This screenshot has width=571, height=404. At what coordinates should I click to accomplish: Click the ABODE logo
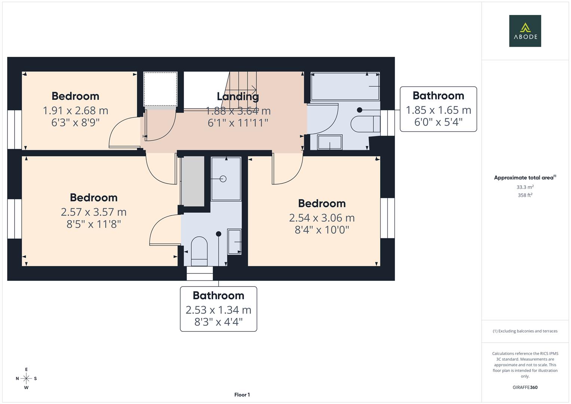click(525, 31)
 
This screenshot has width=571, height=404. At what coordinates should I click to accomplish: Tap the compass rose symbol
click(26, 379)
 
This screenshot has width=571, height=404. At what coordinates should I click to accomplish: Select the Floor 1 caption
click(242, 395)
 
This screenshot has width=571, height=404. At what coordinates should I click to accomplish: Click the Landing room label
click(238, 97)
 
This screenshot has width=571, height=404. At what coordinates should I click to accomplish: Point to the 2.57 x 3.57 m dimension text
click(93, 212)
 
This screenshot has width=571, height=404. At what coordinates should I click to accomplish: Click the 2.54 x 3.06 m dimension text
click(322, 218)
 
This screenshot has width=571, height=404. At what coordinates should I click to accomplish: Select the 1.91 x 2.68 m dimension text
click(75, 111)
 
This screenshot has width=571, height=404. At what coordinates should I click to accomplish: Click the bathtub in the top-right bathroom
click(345, 86)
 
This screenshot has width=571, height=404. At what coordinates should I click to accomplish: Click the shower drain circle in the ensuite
click(223, 179)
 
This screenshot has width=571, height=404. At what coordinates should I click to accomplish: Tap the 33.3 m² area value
click(525, 187)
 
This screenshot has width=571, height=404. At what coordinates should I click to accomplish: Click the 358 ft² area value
click(525, 195)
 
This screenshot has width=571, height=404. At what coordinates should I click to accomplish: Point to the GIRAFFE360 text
click(525, 388)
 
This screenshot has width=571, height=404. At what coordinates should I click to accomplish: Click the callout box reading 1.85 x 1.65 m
click(438, 109)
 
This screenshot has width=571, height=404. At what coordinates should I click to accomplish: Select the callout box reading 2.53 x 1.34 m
click(218, 309)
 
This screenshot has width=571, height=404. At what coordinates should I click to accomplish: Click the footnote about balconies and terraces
click(525, 331)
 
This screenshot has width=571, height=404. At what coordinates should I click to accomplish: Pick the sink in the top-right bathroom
click(329, 142)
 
